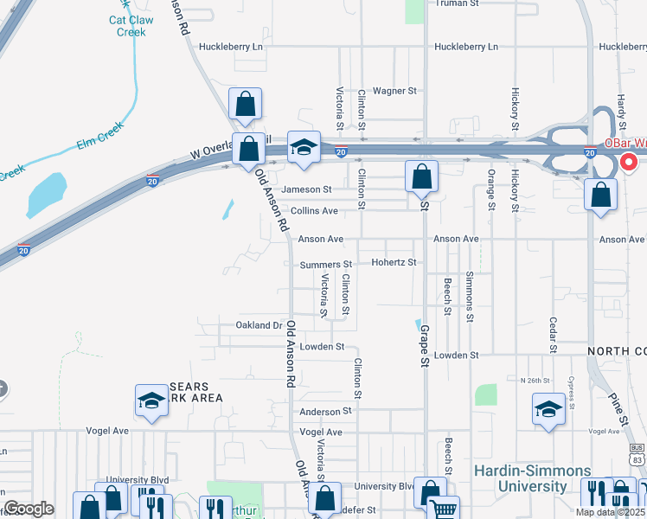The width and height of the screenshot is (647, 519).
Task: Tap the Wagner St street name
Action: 394,90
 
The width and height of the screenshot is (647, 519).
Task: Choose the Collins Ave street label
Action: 314,211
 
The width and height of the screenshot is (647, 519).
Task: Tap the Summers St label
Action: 326,264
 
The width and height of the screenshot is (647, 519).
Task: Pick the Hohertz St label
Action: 394,262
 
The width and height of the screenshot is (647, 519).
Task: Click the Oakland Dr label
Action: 259,326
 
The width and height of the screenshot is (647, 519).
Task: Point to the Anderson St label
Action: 326,412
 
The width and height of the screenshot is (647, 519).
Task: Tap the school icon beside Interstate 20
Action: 304,148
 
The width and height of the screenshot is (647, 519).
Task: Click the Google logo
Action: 29,509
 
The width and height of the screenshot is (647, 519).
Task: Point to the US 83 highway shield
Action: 637,453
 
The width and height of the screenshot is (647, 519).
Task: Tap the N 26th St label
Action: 535,381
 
